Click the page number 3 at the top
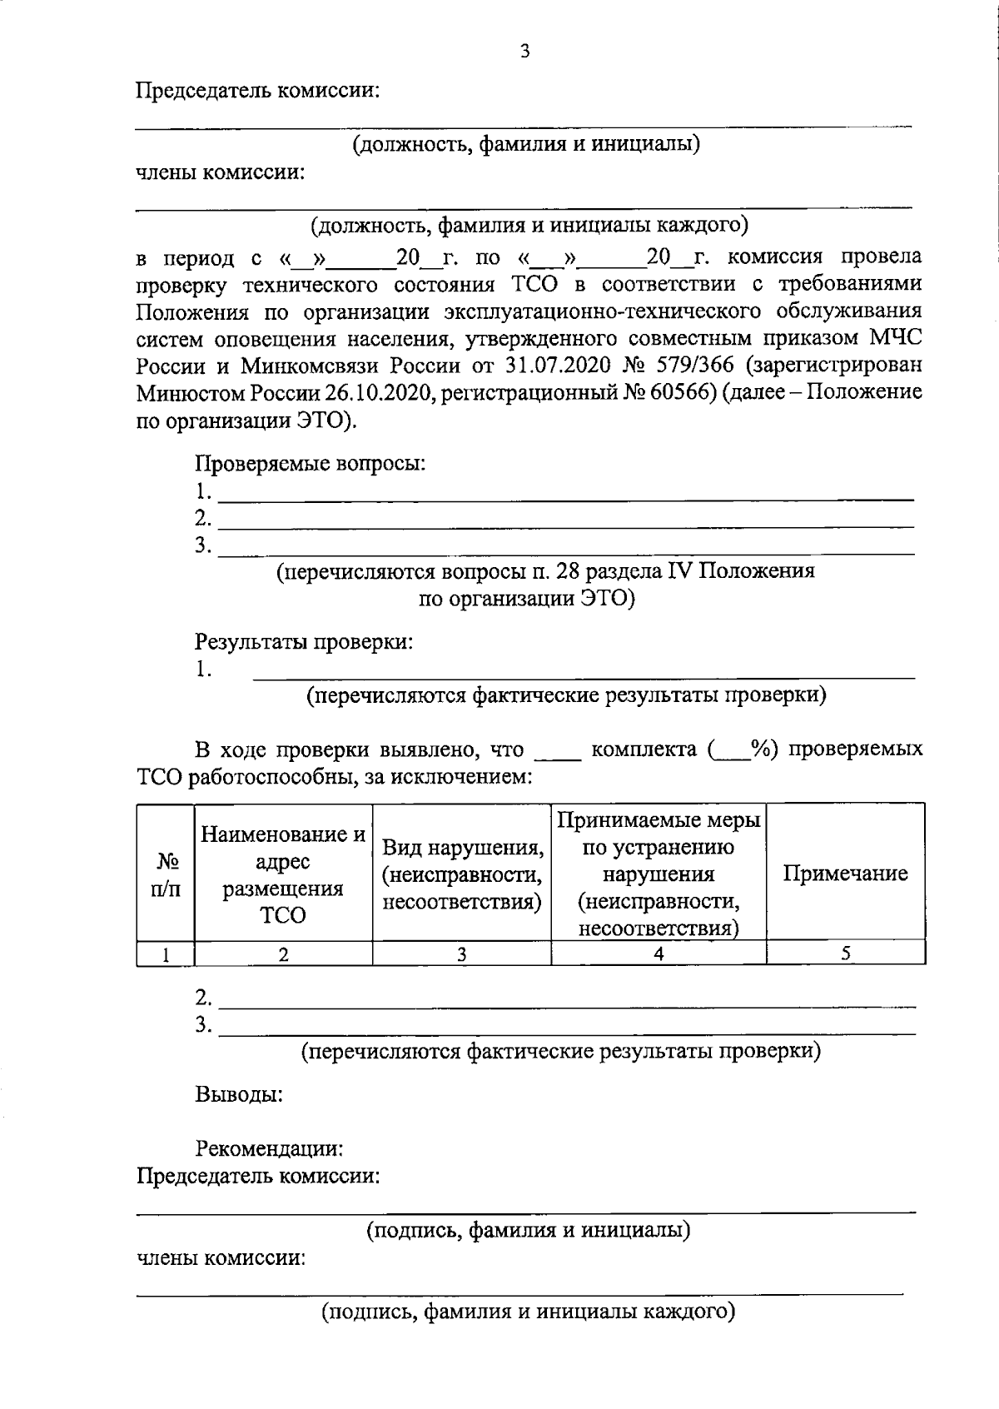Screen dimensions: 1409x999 524,52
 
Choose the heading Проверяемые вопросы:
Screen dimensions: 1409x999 310,463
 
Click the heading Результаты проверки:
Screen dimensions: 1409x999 303,642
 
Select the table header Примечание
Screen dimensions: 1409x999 845,874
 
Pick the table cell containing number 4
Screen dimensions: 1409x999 658,954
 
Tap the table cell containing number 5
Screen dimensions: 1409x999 845,954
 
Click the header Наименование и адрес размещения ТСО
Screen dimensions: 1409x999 283,874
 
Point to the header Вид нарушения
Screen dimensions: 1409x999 462,849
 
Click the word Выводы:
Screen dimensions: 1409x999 240,1093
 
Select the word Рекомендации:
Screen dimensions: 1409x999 270,1149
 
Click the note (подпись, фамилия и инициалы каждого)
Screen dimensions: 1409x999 529,1313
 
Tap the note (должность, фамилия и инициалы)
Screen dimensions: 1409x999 525,144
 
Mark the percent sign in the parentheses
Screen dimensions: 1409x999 758,749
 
